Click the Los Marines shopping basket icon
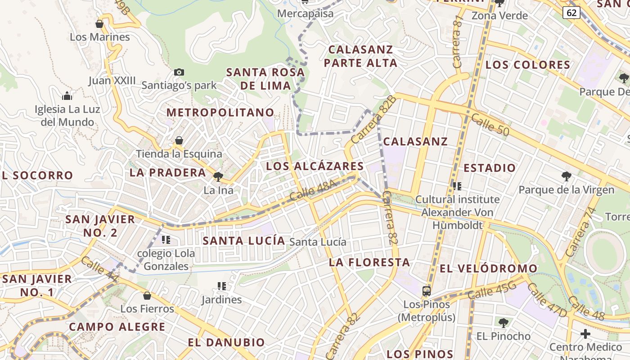tap(99, 24)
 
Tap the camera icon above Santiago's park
tap(179, 72)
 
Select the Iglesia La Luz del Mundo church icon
tap(67, 96)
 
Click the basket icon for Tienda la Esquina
tap(179, 140)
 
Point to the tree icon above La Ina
tap(218, 177)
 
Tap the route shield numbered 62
tap(571, 13)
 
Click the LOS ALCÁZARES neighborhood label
tap(315, 166)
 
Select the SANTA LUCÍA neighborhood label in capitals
tap(244, 241)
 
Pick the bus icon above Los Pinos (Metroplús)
tap(427, 291)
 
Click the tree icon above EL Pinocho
tap(504, 323)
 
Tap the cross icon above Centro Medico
tap(585, 334)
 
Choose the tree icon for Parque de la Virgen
tap(566, 176)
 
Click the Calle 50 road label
tap(490, 124)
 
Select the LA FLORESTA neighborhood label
tap(369, 262)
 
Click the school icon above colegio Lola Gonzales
tap(166, 240)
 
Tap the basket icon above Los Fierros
tap(147, 296)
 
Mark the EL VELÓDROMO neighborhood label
tap(488, 269)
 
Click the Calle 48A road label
tap(313, 190)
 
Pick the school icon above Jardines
tap(221, 286)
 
